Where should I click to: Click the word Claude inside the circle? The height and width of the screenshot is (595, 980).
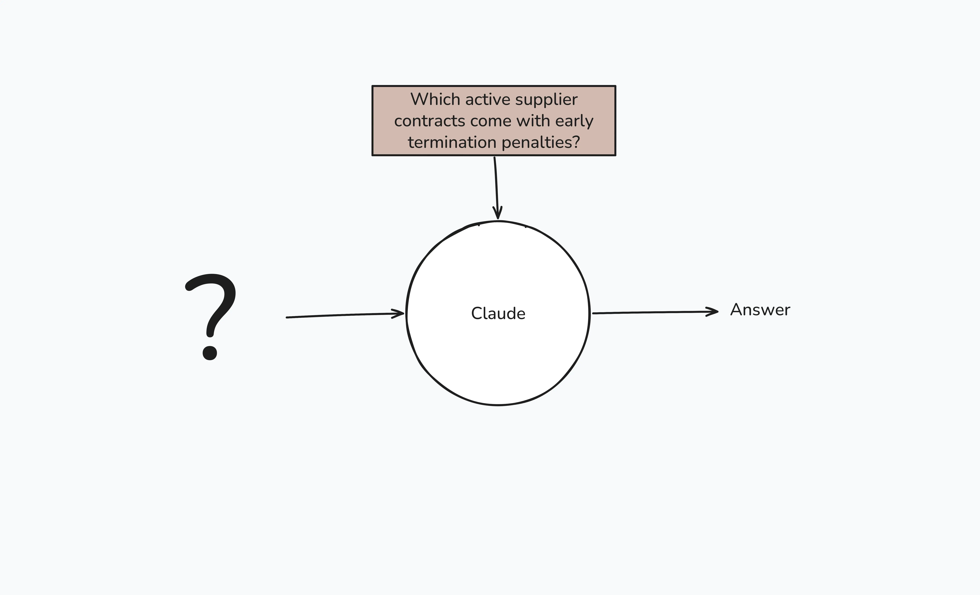pos(498,313)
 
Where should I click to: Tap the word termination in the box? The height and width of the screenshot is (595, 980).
pos(451,142)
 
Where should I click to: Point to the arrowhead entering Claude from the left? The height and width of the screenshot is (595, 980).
pos(398,314)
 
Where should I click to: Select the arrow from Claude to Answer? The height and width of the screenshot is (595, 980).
pos(656,313)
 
